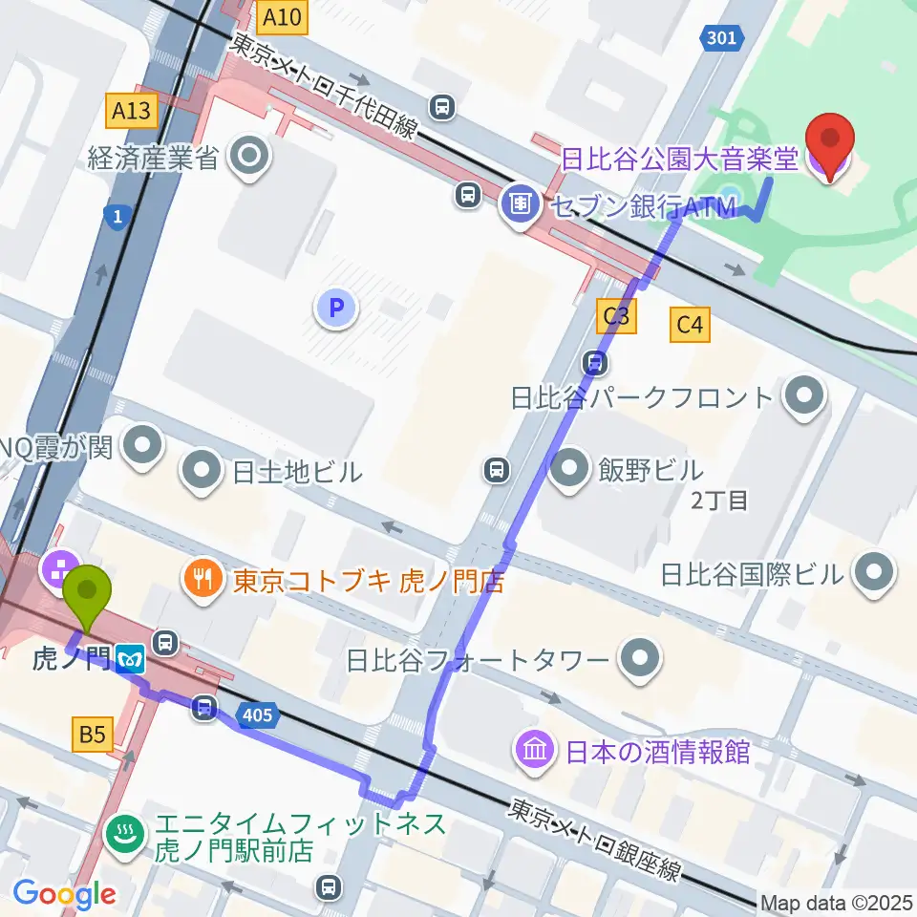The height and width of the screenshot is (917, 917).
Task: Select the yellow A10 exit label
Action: click(x=283, y=16)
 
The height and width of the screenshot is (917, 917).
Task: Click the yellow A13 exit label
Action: click(x=131, y=111)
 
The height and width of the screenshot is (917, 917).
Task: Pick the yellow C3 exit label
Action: click(x=616, y=316)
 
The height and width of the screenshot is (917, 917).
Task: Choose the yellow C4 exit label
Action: click(x=691, y=326)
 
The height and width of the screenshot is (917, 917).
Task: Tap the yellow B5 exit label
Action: click(x=93, y=735)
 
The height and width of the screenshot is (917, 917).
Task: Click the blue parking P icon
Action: click(x=335, y=308)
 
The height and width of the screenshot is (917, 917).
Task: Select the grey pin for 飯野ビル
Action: click(x=571, y=470)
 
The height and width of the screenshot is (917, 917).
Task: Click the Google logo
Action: click(x=64, y=893)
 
